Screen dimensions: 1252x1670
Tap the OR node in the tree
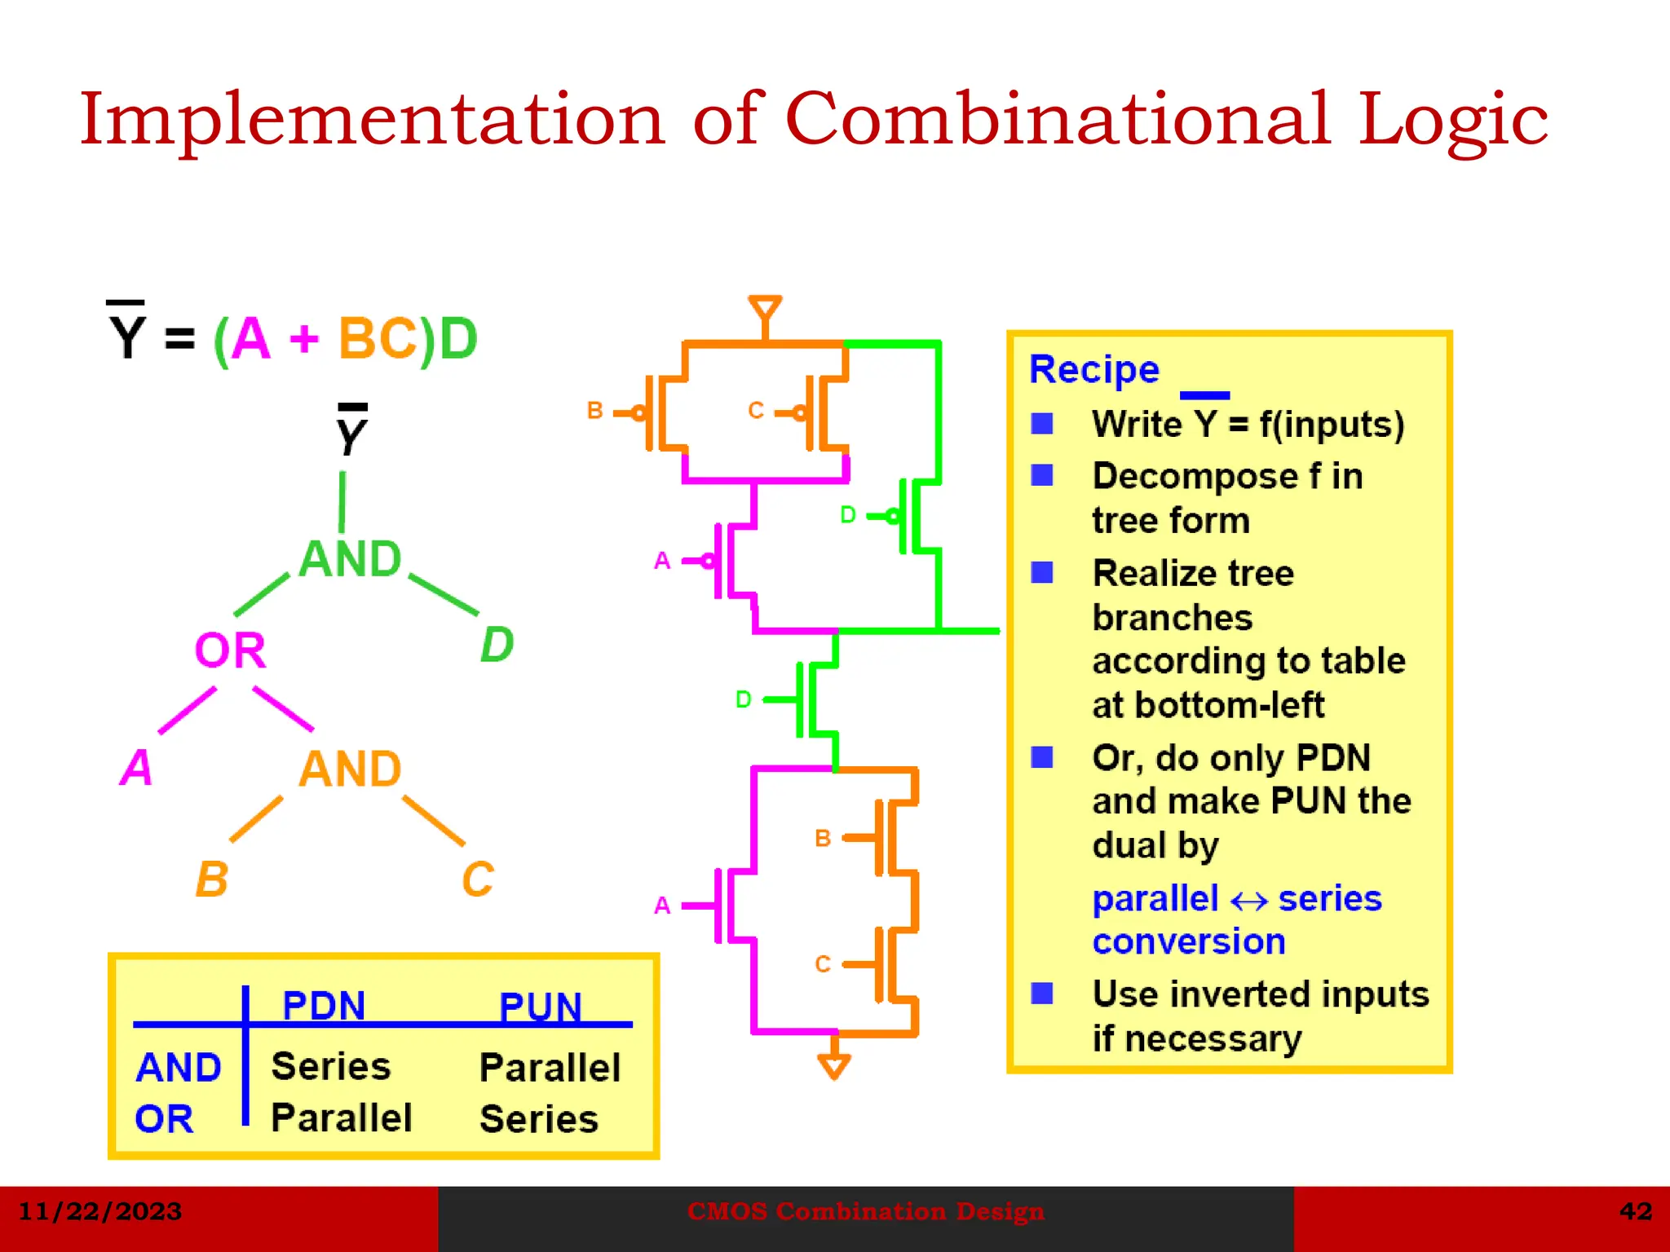(x=230, y=650)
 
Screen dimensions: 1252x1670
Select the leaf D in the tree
(x=497, y=645)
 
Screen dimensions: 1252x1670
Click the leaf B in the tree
(x=212, y=879)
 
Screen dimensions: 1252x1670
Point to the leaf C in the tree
(x=478, y=879)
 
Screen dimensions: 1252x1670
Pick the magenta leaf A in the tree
(x=136, y=767)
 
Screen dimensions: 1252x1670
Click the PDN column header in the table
(x=324, y=1005)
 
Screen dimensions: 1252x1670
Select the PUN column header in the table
(x=540, y=1007)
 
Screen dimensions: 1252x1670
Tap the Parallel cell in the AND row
(x=550, y=1068)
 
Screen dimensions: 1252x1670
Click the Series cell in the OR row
(x=539, y=1119)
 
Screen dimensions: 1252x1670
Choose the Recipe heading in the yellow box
(x=1093, y=369)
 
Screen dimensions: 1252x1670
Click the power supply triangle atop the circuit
(x=765, y=309)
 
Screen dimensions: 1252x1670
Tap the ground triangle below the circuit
(x=834, y=1065)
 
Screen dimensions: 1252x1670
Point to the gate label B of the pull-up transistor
(x=594, y=410)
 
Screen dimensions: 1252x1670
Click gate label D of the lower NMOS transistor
(x=743, y=699)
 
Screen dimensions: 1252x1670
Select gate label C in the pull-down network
(x=823, y=964)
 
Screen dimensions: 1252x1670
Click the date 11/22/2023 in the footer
(x=99, y=1211)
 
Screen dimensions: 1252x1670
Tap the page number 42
(x=1635, y=1211)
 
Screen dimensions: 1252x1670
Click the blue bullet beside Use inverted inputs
(x=1041, y=993)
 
